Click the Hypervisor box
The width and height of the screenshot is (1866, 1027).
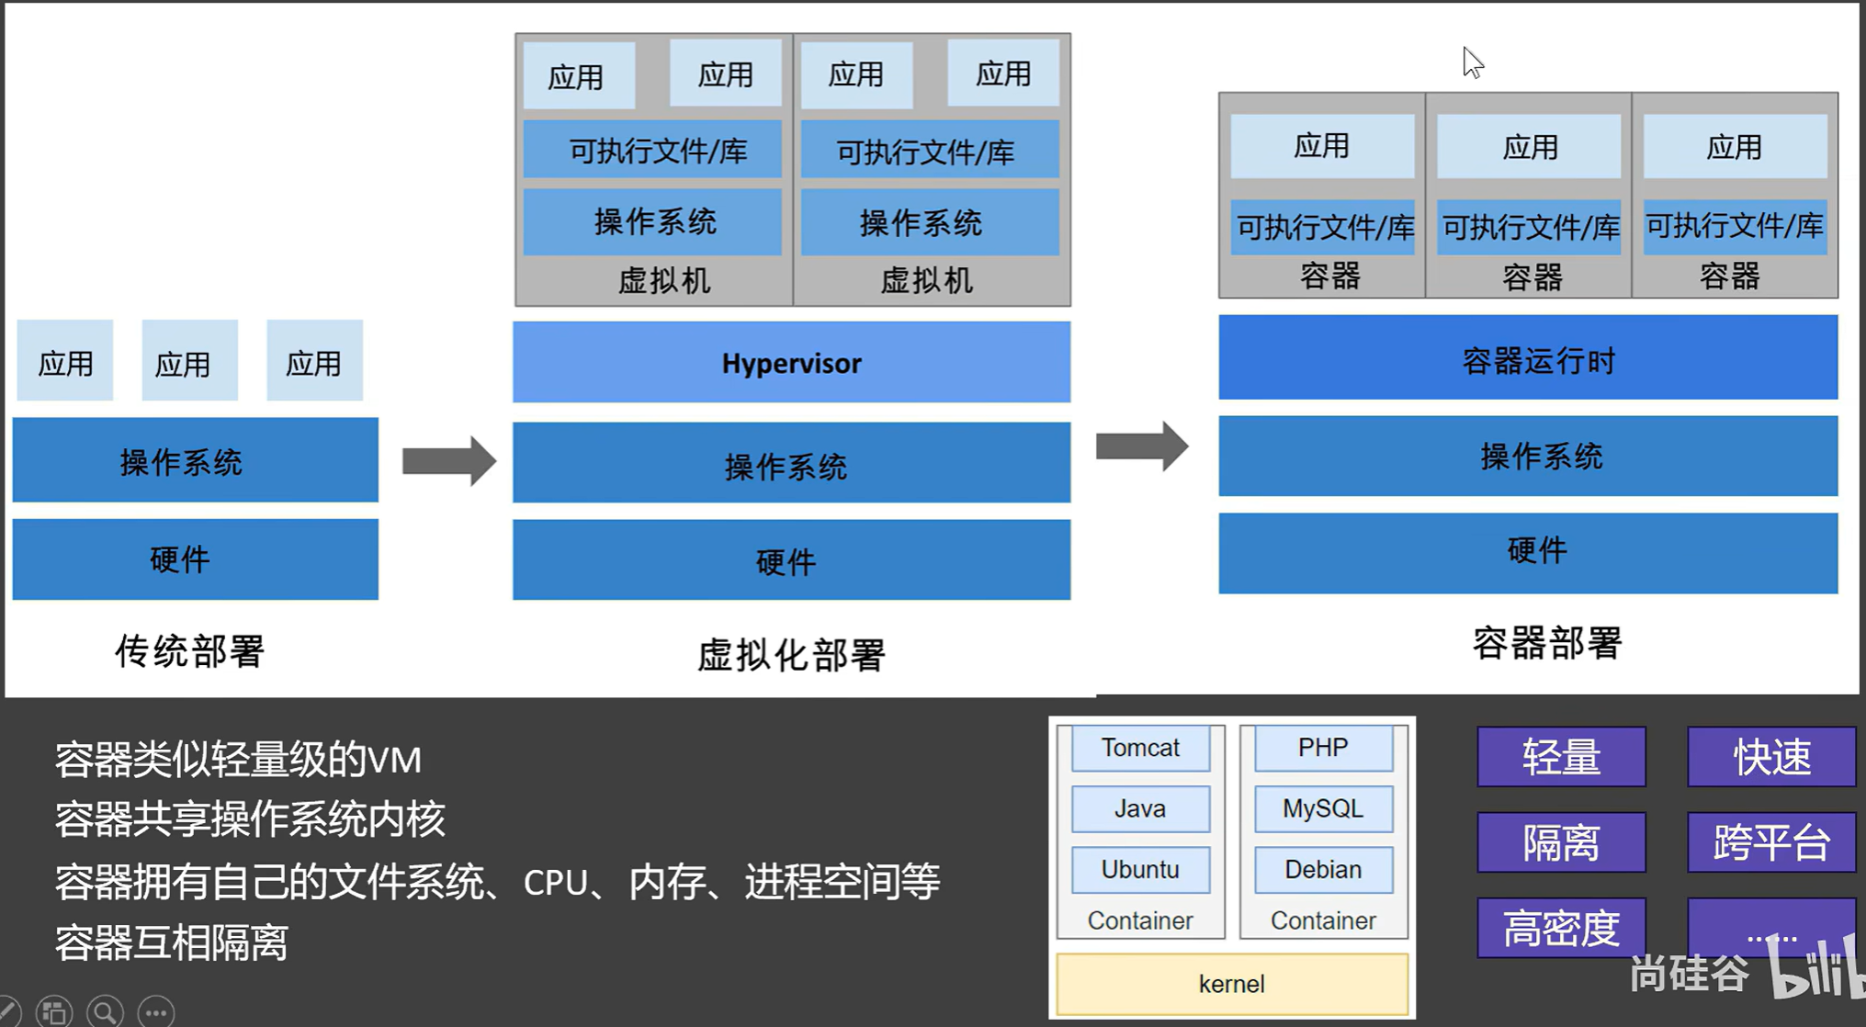click(791, 362)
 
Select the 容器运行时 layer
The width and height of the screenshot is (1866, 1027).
click(1528, 357)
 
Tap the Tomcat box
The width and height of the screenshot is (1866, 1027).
click(1140, 748)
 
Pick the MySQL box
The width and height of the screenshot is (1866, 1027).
click(1323, 808)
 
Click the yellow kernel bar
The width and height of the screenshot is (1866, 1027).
click(1232, 984)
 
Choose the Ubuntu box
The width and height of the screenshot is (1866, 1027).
click(1140, 869)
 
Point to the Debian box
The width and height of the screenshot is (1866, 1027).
click(1323, 869)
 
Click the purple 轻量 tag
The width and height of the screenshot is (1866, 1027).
click(1561, 757)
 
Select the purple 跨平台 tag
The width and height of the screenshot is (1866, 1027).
click(1771, 842)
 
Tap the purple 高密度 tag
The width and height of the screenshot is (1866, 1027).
click(1561, 928)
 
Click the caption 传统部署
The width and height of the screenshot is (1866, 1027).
click(189, 651)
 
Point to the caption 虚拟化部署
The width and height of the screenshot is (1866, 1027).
click(791, 655)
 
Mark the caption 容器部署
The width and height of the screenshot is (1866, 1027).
click(1547, 643)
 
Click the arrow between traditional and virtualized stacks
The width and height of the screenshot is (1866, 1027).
click(449, 460)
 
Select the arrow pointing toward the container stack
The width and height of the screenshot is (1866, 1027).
click(1142, 446)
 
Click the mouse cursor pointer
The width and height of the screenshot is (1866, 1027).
click(1473, 62)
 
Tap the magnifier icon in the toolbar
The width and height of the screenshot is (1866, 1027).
click(105, 1012)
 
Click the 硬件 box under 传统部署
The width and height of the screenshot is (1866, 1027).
click(195, 559)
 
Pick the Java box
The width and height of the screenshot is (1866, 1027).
click(1140, 808)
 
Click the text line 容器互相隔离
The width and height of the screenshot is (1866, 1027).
click(171, 942)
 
